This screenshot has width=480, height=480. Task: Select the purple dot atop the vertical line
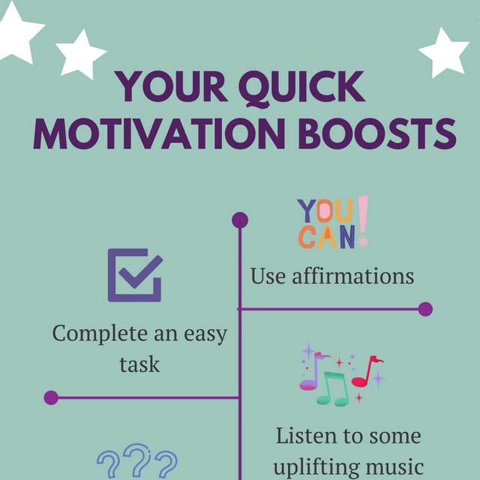pos(240,220)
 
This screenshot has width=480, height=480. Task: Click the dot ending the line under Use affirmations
pos(425,309)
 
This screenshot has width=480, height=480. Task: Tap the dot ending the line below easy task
pos(51,397)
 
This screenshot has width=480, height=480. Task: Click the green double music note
pos(333,388)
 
